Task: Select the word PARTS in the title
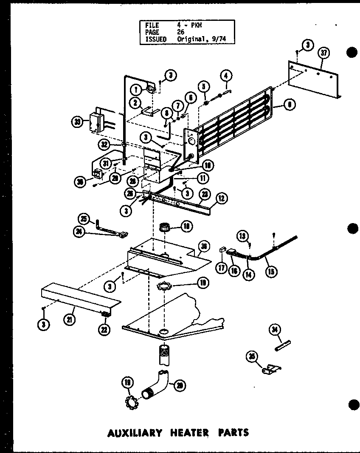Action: coord(233,433)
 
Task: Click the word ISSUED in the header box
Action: coord(156,39)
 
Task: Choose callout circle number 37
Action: coord(324,53)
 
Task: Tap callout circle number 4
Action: coord(226,76)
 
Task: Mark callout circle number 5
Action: coord(205,86)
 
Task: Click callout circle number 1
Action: coord(136,90)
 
